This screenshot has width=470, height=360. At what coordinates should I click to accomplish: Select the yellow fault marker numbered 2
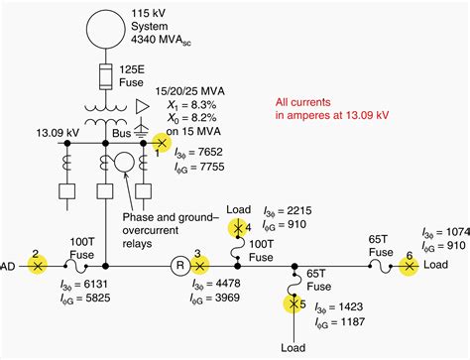37,266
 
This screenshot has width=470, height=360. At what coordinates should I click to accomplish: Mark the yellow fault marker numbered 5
294,303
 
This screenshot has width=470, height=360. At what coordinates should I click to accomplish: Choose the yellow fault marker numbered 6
408,266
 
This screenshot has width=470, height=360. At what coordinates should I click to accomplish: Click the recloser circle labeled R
168,266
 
